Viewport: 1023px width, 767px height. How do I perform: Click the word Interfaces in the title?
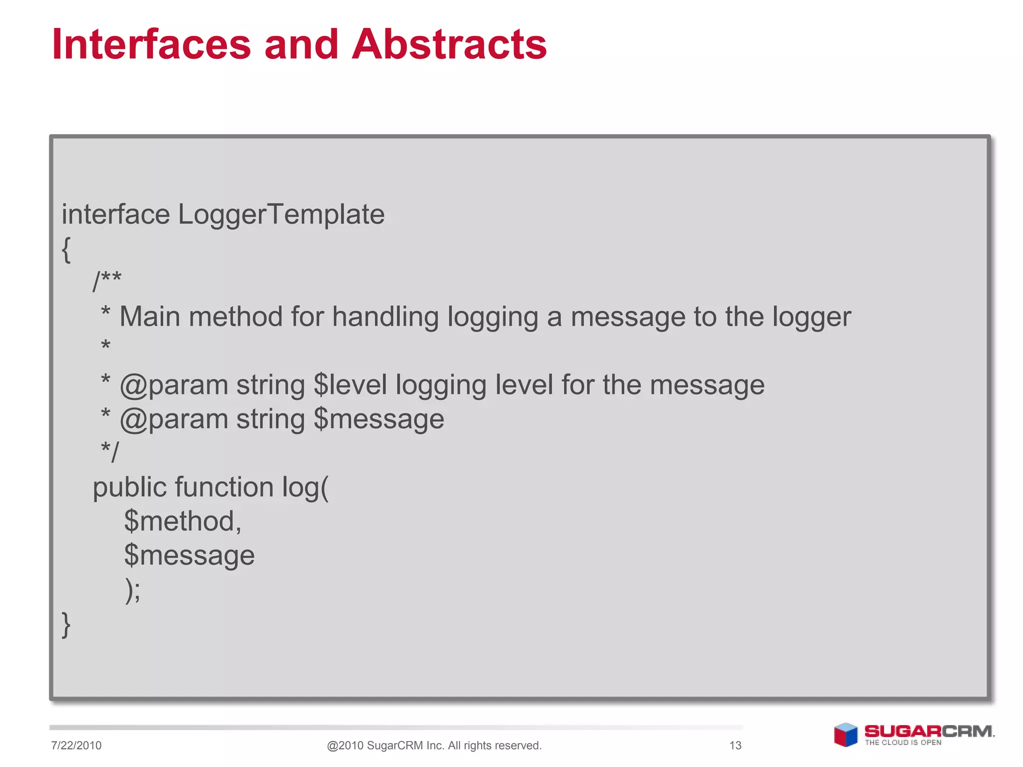151,45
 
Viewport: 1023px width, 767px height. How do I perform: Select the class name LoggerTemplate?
281,215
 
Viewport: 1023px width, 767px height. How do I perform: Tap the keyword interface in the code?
116,215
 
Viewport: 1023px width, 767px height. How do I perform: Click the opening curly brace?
66,249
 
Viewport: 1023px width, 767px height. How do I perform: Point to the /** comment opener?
107,281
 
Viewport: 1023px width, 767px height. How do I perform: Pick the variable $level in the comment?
350,385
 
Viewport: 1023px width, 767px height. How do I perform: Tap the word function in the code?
224,487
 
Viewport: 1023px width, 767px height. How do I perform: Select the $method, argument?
182,521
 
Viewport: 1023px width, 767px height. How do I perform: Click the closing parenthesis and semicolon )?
132,590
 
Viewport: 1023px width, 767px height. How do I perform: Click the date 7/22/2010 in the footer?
76,746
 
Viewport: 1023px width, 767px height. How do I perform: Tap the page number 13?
735,746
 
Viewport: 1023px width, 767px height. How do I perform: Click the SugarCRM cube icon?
845,735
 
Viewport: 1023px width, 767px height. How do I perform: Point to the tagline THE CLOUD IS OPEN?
903,743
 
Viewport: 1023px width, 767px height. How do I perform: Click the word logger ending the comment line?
811,318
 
